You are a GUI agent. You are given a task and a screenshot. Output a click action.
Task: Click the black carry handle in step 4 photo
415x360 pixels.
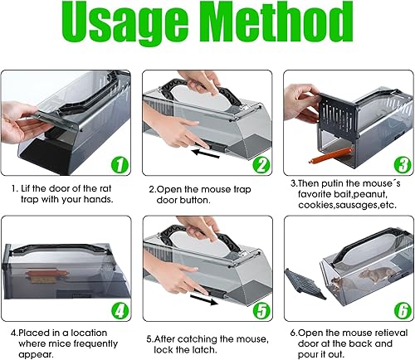(x=58, y=251)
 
